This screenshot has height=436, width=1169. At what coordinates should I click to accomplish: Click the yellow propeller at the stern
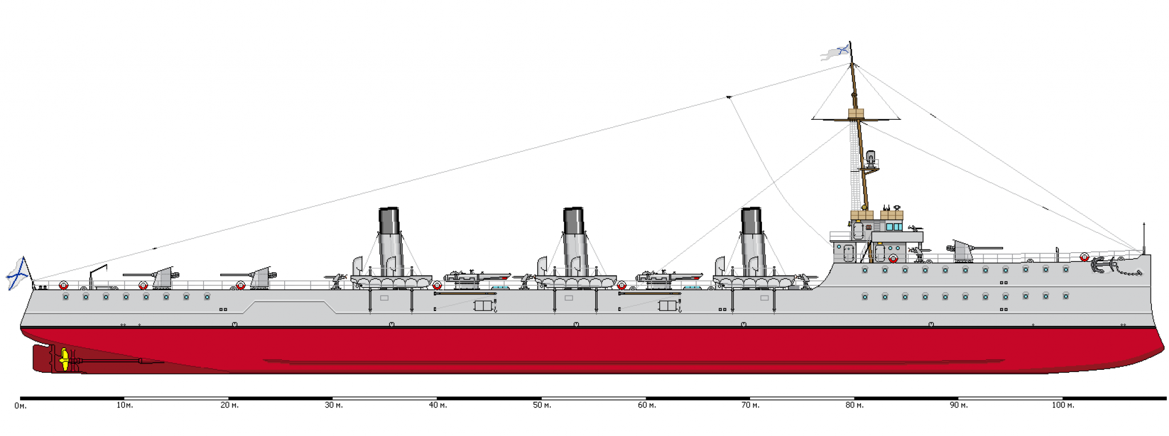click(65, 360)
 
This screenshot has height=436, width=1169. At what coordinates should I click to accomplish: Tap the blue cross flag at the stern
click(19, 273)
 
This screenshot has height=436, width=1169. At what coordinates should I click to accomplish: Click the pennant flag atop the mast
click(836, 53)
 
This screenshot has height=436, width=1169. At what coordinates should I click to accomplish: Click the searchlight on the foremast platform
click(870, 157)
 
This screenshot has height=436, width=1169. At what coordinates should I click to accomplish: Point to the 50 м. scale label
click(542, 405)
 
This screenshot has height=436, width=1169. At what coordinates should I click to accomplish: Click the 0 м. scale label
click(21, 406)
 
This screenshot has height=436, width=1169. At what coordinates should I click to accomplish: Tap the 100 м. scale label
click(1063, 405)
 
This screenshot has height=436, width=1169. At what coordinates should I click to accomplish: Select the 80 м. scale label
click(854, 405)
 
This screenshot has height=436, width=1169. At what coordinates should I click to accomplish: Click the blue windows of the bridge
click(893, 227)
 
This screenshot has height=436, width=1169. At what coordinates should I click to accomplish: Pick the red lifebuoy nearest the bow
click(1084, 257)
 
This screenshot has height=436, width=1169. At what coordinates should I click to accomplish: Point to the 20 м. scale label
click(229, 405)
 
